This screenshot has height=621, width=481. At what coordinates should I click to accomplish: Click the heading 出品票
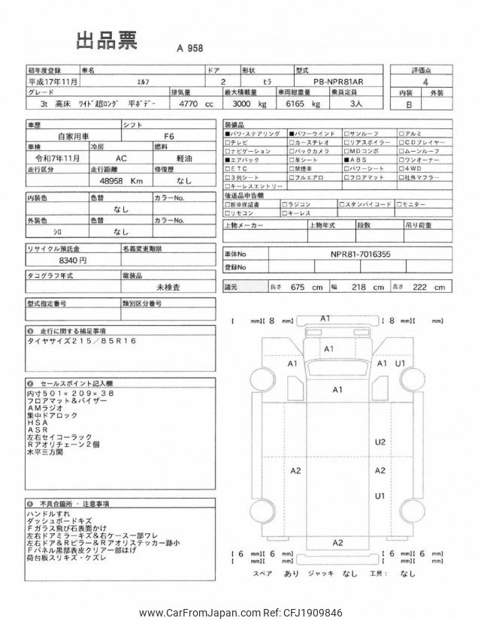pos(106,42)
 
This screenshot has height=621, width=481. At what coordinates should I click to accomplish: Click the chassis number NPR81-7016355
pos(361,255)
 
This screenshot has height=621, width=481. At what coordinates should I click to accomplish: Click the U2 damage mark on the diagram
pos(380,442)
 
